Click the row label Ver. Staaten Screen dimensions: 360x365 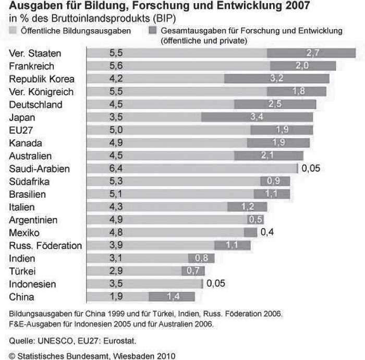point(35,53)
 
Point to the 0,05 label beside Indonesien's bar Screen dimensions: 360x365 point(216,284)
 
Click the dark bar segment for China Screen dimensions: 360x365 point(172,297)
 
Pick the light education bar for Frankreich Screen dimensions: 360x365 point(177,66)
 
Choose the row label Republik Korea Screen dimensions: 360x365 point(42,79)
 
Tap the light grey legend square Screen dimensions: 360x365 point(13,31)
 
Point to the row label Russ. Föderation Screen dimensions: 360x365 point(46,245)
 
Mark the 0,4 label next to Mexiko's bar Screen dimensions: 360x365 point(267,233)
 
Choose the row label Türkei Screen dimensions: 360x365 point(22,271)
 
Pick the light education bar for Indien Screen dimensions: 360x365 point(139,258)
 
